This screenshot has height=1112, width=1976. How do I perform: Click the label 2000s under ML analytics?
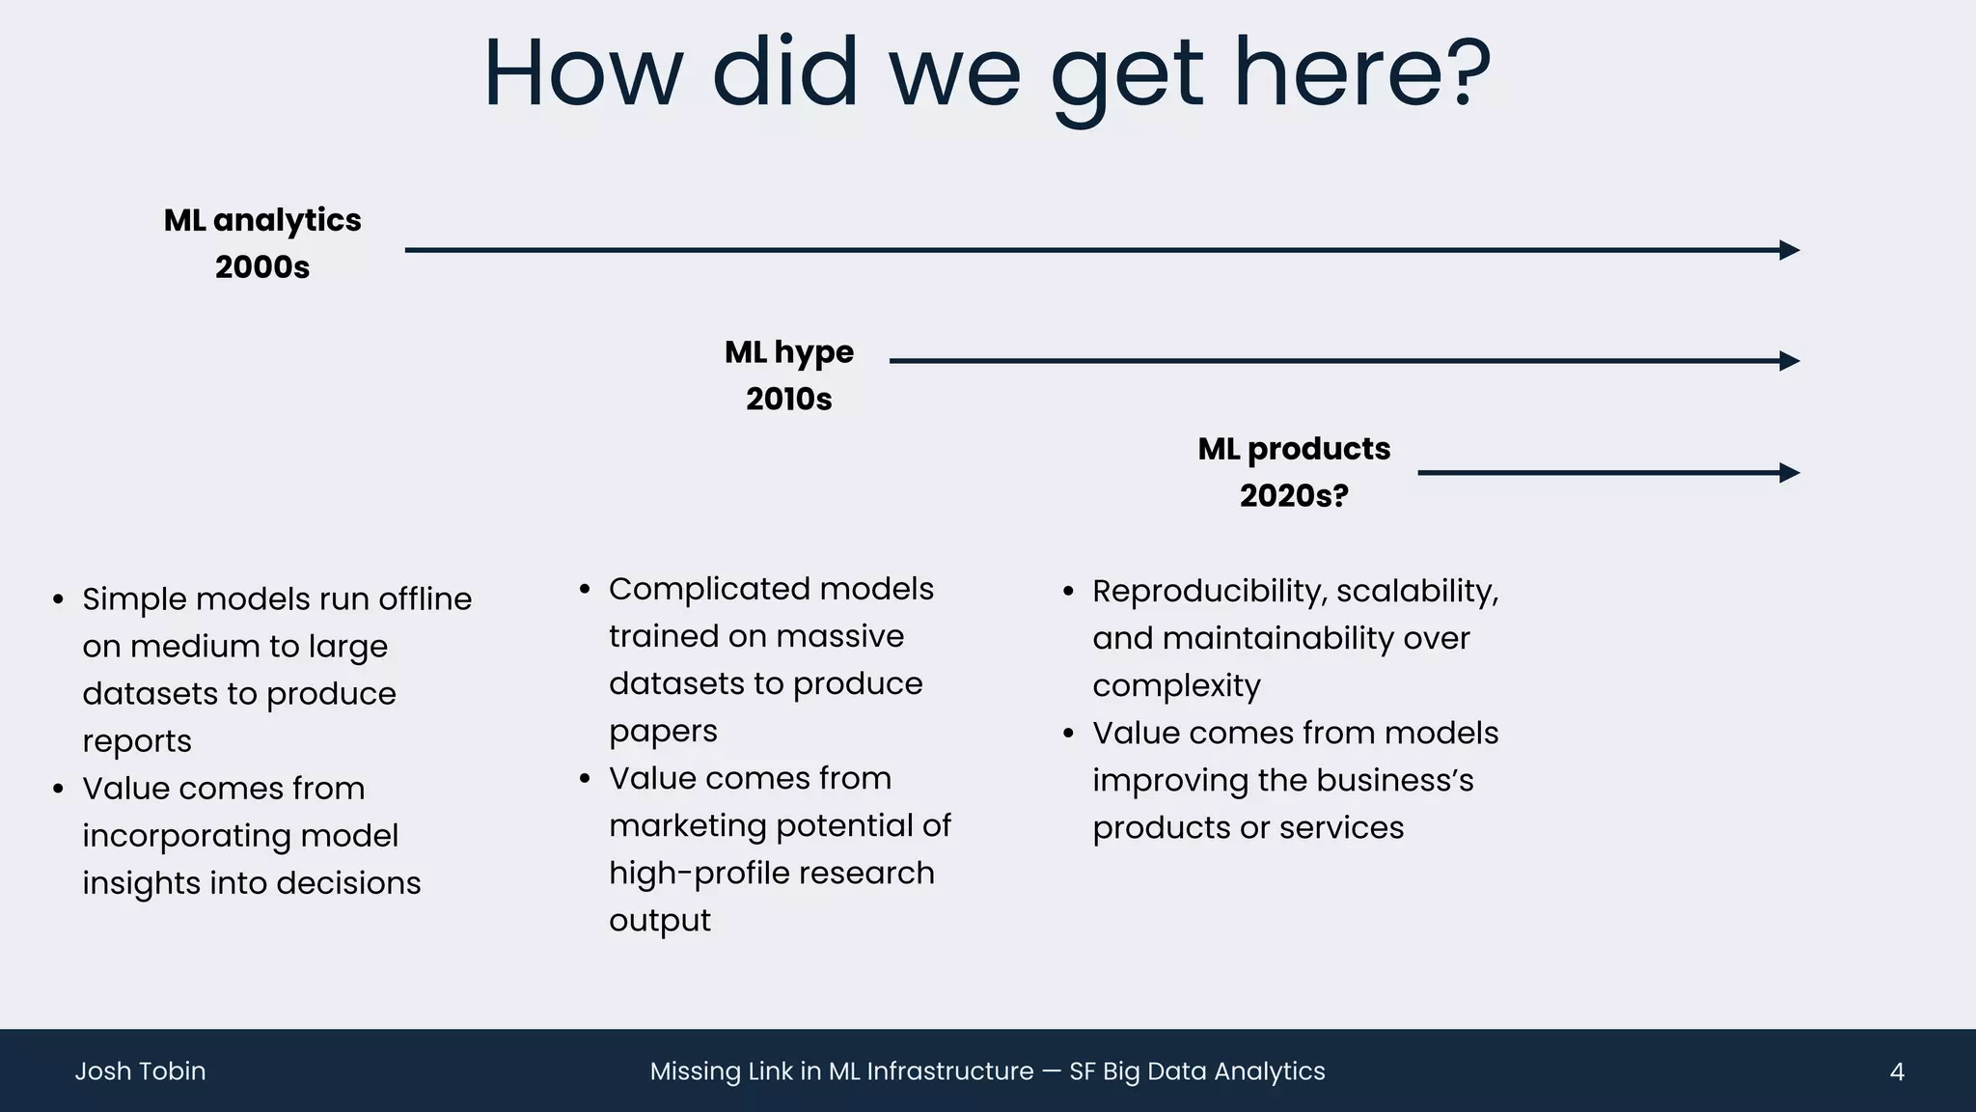pyautogui.click(x=262, y=267)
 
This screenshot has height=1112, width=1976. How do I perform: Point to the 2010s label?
pyautogui.click(x=788, y=400)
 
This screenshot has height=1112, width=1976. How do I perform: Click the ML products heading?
pyautogui.click(x=1294, y=449)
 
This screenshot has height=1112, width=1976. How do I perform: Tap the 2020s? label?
pyautogui.click(x=1294, y=496)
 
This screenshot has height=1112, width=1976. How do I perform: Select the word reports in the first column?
pyautogui.click(x=137, y=741)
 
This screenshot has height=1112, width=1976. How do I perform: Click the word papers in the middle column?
pyautogui.click(x=663, y=732)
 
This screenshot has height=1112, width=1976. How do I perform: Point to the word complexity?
pyautogui.click(x=1176, y=686)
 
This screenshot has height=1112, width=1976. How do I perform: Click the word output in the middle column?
pyautogui.click(x=659, y=921)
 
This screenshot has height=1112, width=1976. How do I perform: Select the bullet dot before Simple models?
pyautogui.click(x=59, y=599)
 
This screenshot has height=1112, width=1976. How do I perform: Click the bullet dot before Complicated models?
pyautogui.click(x=585, y=590)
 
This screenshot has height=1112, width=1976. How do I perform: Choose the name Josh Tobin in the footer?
pyautogui.click(x=141, y=1071)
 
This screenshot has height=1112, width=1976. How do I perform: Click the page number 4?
pyautogui.click(x=1896, y=1071)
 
